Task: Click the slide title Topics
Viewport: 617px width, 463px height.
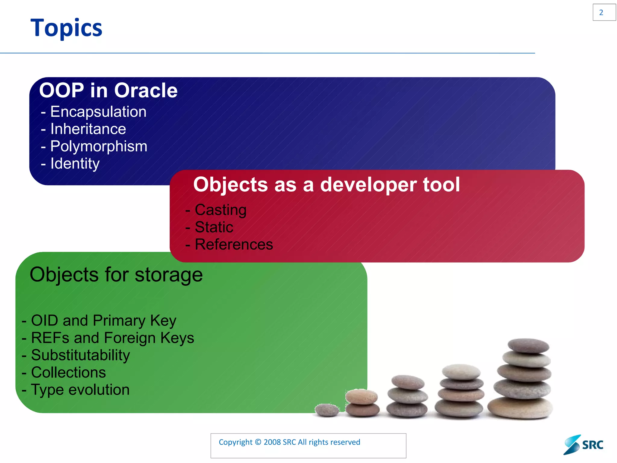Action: point(66,28)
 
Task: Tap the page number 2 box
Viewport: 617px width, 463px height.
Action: point(604,12)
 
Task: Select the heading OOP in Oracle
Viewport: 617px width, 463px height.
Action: point(108,90)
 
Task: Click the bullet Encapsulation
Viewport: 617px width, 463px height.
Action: point(98,112)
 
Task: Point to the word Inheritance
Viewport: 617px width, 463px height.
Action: point(88,129)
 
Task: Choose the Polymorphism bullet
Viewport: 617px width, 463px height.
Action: point(99,146)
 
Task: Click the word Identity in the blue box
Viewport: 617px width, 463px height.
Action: point(75,164)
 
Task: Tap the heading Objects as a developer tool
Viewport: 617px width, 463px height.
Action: point(327,184)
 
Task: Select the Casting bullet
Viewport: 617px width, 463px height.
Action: point(220,210)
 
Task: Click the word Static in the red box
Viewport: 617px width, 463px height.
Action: point(214,227)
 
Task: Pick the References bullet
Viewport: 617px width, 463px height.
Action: point(234,244)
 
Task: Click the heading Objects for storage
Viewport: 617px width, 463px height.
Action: point(116,275)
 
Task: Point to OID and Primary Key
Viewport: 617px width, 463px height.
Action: point(103,320)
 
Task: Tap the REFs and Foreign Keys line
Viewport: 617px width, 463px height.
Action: point(112,338)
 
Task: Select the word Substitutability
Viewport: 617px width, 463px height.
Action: point(80,355)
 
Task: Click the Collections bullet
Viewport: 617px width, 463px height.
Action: point(68,373)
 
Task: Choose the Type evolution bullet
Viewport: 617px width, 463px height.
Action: point(80,390)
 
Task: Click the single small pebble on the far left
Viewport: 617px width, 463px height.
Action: point(327,410)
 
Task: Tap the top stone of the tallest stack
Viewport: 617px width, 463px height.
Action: point(528,345)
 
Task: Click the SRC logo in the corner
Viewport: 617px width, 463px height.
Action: point(584,445)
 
